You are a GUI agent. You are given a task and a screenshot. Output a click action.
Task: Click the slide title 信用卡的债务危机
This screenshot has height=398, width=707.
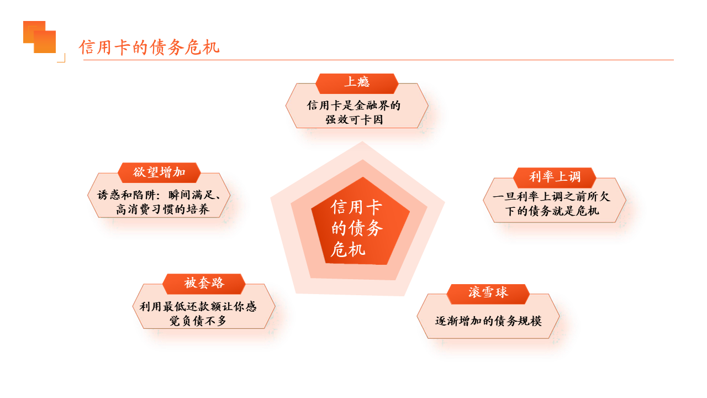149,48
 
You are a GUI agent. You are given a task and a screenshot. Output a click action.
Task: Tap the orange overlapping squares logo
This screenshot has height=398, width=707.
39,37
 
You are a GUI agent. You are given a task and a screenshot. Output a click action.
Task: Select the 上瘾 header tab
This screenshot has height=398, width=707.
357,83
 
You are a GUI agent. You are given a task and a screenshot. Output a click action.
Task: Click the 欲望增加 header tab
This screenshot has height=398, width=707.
159,172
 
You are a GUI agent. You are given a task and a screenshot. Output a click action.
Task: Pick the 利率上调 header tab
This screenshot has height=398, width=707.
555,177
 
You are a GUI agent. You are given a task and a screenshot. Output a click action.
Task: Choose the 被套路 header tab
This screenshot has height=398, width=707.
204,284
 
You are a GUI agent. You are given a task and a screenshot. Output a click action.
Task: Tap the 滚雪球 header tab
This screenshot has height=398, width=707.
488,294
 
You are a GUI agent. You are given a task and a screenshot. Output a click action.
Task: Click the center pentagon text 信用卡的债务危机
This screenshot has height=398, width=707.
357,228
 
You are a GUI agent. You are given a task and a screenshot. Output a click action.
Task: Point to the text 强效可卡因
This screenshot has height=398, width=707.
354,120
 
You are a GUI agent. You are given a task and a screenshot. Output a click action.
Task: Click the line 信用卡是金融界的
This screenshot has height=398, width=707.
354,106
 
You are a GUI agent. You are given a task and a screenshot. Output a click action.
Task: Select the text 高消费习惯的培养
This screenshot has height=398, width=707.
162,210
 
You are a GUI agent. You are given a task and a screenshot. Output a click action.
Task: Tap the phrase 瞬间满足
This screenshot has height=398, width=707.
192,195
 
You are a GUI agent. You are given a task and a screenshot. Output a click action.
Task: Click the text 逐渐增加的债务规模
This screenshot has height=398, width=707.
488,321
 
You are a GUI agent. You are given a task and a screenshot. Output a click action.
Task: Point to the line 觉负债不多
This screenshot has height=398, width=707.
198,321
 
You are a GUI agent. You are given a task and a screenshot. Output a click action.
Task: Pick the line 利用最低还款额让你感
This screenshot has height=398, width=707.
198,307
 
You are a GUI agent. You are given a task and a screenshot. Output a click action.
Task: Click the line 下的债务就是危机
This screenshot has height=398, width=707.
552,211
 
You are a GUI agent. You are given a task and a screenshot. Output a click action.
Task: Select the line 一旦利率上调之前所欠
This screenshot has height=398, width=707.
551,197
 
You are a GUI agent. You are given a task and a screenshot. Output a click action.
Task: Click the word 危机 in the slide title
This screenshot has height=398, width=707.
202,48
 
